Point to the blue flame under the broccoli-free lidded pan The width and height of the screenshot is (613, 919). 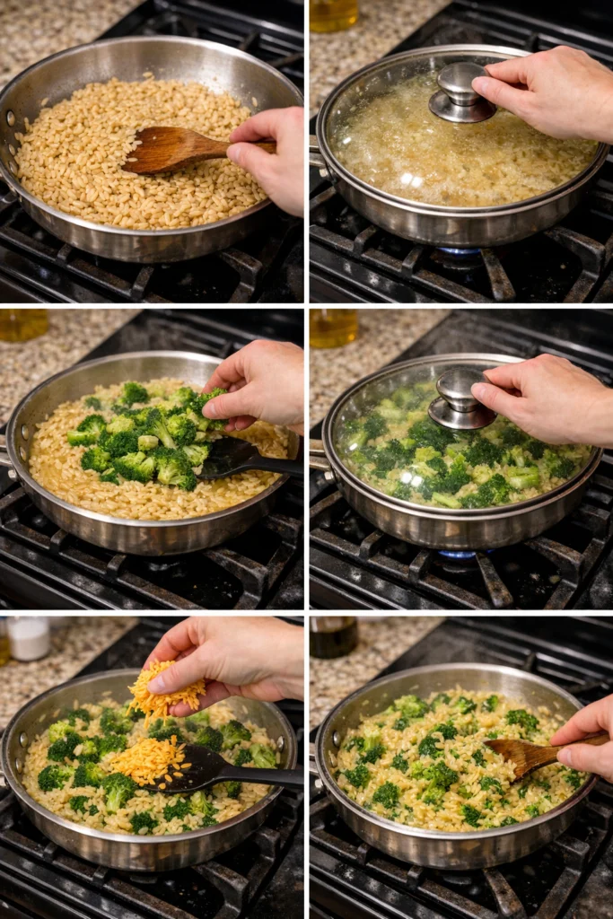click(x=460, y=252)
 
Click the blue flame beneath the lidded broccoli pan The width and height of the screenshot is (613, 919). click(x=460, y=555)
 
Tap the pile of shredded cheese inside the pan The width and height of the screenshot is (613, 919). click(x=146, y=759)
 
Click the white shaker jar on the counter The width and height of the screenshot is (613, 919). click(x=29, y=638)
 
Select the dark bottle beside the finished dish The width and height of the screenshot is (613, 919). click(x=334, y=636)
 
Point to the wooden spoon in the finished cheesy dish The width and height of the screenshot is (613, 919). click(x=525, y=754)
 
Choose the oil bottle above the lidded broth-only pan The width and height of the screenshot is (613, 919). click(x=334, y=13)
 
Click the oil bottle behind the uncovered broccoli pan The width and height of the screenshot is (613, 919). click(x=23, y=324)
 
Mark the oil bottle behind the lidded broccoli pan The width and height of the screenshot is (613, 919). click(x=333, y=328)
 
